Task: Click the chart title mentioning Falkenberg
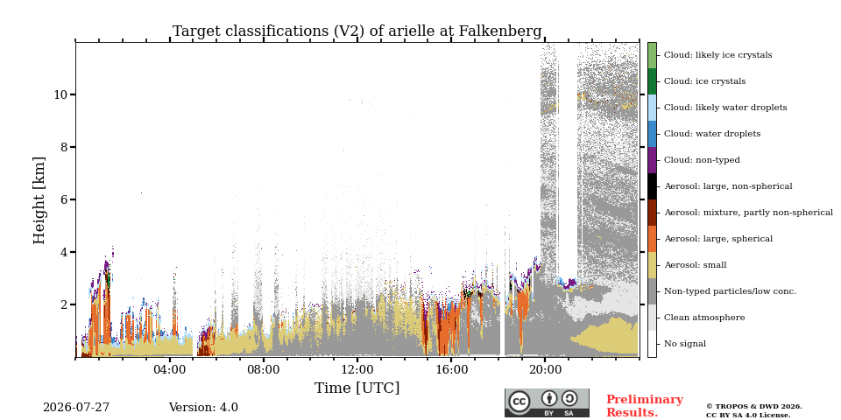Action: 357,31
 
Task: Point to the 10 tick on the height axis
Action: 60,94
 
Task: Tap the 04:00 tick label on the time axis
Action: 169,369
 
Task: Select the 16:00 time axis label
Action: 451,369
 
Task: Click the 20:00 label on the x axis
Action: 545,369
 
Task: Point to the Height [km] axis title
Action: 39,200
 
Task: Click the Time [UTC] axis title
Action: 357,388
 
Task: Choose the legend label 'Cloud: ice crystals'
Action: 704,81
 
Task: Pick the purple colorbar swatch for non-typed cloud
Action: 652,160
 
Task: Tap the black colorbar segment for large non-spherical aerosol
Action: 652,186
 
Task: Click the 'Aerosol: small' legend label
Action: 695,265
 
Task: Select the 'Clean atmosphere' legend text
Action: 704,318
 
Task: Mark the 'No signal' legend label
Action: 685,344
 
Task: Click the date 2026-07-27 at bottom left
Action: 76,408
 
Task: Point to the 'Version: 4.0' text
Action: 203,408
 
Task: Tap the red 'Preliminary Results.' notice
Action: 645,406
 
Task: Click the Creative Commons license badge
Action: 547,402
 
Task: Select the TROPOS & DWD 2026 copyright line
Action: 754,407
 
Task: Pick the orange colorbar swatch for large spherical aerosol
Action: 652,239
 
